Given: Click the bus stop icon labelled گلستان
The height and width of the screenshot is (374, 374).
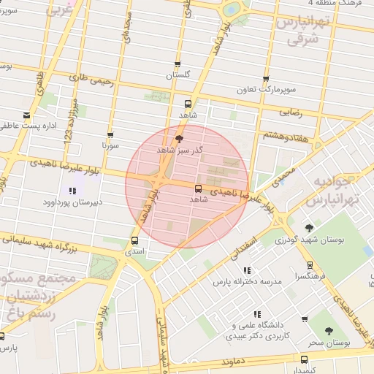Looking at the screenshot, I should (x=178, y=64).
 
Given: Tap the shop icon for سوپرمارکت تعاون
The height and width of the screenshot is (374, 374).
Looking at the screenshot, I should (x=266, y=80).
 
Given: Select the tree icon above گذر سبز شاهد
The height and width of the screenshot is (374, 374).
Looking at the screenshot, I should (x=180, y=138).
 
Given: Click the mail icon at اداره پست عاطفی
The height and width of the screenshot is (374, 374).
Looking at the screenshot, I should (x=27, y=115).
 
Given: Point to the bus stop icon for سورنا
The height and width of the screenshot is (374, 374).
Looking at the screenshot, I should (x=110, y=135).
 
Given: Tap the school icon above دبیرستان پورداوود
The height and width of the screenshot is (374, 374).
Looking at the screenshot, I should (x=71, y=191).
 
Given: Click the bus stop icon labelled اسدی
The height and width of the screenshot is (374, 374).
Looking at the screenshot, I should (x=134, y=240).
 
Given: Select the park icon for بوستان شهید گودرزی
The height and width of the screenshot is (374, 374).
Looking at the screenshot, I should (x=309, y=228).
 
